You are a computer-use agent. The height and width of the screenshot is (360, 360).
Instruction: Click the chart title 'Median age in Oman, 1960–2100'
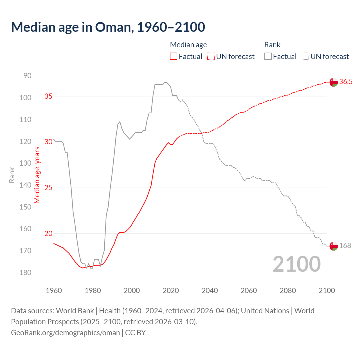(108, 27)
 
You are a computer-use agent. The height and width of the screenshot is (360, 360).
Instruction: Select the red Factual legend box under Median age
(174, 57)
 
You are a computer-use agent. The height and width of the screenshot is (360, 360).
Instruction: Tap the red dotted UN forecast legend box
(211, 57)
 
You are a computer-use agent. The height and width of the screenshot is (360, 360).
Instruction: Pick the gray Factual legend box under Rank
(268, 57)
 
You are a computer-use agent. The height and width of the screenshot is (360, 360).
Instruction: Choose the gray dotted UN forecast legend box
(305, 57)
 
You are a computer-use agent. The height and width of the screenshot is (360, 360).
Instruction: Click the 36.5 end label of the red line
(346, 82)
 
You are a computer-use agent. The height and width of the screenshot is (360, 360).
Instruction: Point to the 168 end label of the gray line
(345, 246)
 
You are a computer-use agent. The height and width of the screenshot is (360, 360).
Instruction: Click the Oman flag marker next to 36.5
(334, 82)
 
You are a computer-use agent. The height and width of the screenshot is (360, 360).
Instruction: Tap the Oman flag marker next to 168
(334, 246)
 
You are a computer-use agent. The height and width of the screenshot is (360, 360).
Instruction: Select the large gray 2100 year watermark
(297, 264)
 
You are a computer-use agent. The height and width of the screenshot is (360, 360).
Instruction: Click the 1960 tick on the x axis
(54, 291)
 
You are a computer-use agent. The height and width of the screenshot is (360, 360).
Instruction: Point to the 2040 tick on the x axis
(210, 291)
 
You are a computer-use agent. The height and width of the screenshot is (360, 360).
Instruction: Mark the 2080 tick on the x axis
(288, 291)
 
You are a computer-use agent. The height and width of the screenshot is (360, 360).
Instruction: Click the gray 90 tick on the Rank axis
(28, 76)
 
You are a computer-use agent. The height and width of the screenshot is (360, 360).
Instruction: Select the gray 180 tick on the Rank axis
(26, 273)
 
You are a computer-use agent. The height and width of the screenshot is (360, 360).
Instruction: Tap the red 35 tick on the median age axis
(48, 96)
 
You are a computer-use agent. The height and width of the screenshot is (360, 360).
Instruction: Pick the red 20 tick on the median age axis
(48, 233)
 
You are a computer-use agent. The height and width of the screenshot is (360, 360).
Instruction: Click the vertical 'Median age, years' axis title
(37, 175)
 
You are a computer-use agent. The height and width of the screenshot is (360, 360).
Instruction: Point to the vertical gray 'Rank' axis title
(12, 175)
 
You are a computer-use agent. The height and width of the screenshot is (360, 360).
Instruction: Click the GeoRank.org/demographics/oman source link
(66, 333)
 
